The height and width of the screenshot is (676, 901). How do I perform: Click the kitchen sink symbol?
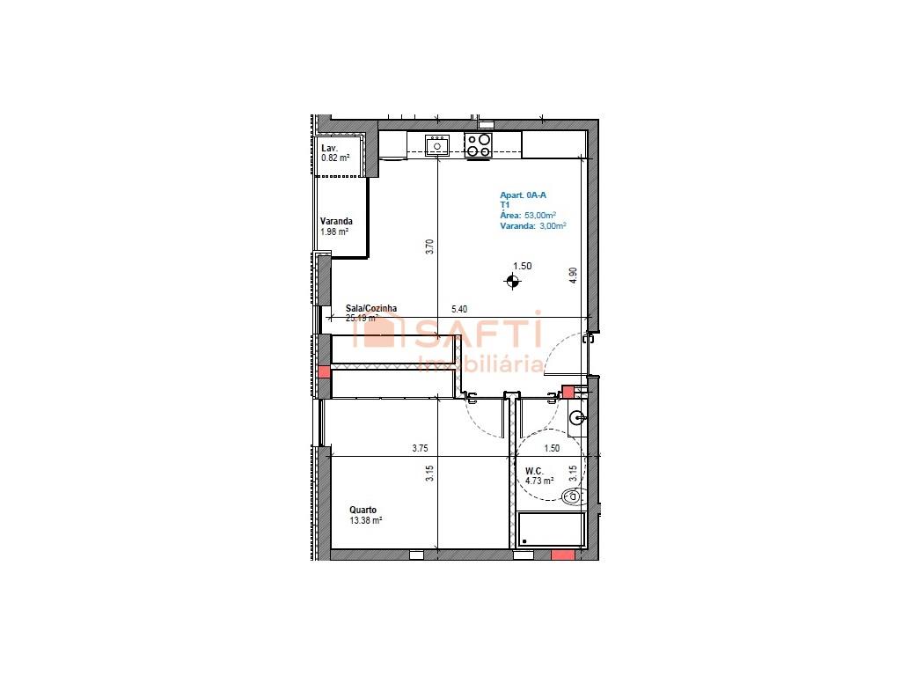click(437, 144)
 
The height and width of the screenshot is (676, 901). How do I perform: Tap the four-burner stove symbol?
click(480, 145)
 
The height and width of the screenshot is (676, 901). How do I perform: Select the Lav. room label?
click(329, 148)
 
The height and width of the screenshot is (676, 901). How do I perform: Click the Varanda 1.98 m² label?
click(335, 226)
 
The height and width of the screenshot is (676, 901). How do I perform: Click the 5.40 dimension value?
click(459, 309)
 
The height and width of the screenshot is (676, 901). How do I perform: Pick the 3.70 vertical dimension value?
click(429, 247)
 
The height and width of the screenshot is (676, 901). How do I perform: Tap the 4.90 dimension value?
click(573, 274)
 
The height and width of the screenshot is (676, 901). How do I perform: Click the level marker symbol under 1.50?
click(513, 282)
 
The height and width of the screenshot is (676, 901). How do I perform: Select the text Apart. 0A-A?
click(524, 195)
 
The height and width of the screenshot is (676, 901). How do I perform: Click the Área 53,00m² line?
click(528, 215)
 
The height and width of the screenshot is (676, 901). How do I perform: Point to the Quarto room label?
click(363, 510)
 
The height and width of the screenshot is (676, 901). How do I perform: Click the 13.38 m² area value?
click(365, 520)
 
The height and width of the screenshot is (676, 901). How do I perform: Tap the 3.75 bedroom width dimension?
click(420, 448)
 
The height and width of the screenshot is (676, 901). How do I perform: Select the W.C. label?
click(534, 471)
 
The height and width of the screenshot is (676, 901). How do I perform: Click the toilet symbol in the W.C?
click(573, 498)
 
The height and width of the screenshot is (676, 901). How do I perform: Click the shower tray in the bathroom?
click(551, 531)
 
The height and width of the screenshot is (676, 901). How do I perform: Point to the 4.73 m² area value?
click(538, 481)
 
